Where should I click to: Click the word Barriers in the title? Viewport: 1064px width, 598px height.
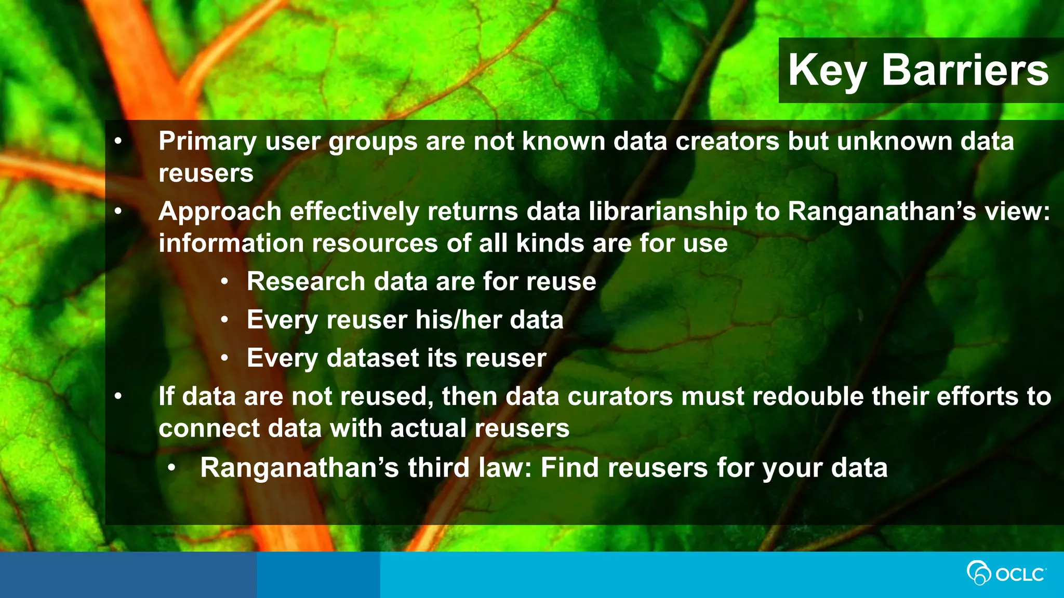(x=965, y=70)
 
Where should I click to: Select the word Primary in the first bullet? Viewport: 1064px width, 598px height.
(x=207, y=142)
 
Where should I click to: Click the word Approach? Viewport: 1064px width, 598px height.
(x=220, y=212)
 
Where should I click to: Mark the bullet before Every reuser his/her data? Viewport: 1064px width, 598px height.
(x=224, y=320)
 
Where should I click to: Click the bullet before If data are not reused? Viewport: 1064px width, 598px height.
(x=118, y=397)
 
